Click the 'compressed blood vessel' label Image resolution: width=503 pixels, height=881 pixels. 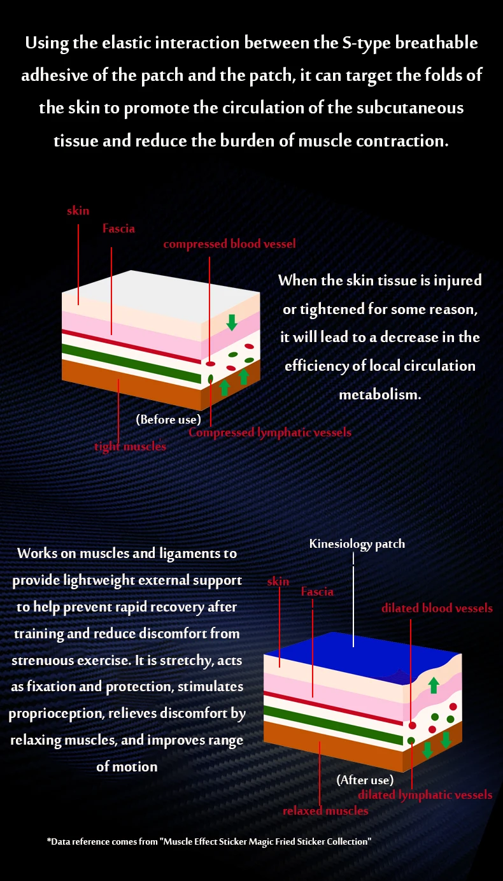click(x=229, y=244)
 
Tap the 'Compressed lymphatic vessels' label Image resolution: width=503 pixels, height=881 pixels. click(x=270, y=433)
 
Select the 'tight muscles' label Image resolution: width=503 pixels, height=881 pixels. click(x=130, y=447)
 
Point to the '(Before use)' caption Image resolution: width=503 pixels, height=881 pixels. click(x=168, y=419)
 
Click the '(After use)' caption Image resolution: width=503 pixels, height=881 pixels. click(x=365, y=780)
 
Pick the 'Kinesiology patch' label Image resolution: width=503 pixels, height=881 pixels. click(x=357, y=544)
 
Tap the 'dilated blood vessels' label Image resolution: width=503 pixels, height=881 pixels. click(x=437, y=608)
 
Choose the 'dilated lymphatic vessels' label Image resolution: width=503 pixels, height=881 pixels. click(x=425, y=794)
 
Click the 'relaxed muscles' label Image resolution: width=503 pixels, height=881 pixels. click(x=325, y=811)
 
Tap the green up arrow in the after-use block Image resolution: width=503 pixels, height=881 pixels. click(x=434, y=685)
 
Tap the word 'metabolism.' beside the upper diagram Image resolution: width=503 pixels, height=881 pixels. click(x=379, y=394)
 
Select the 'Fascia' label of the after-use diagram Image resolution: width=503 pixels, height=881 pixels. click(x=317, y=592)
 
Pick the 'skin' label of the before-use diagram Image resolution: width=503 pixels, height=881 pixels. click(x=78, y=210)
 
